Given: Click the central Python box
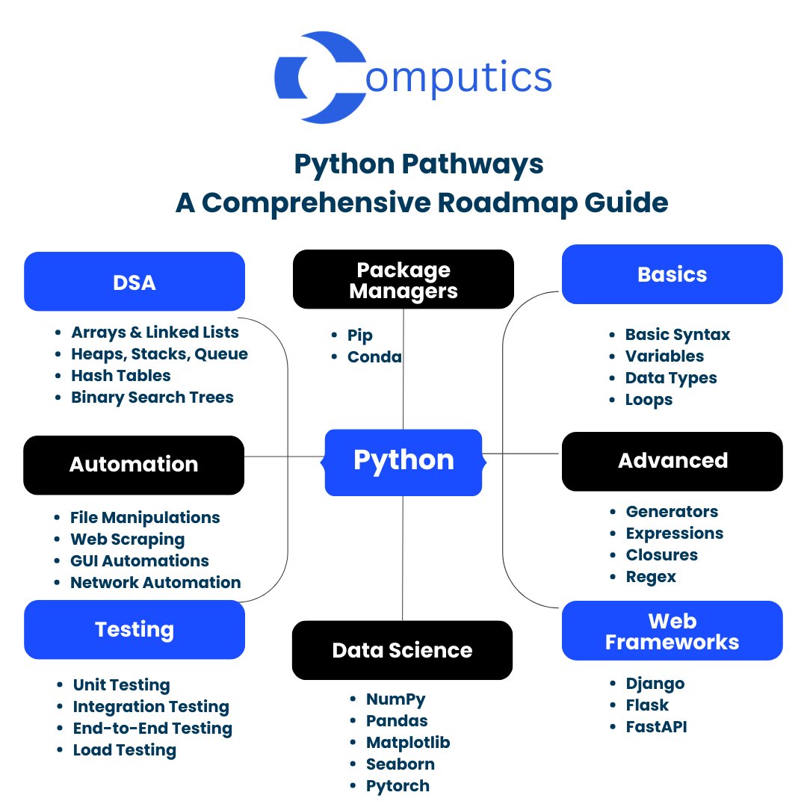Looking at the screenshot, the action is pos(403,461).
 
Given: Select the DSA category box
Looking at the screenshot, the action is pos(134,282).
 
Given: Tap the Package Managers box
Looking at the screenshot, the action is pos(403,279).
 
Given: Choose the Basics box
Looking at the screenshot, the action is pos(672,274).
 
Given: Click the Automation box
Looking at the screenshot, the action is pos(134,465).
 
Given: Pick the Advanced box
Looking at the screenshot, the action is pos(672,461).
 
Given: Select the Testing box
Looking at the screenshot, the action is pos(134,630).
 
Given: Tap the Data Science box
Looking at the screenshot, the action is pos(402,650).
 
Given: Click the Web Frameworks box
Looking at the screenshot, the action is pos(672,631).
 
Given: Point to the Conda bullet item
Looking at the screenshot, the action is pos(374,357).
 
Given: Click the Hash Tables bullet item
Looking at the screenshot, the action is pos(121,376).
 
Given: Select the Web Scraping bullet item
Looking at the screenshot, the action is pos(127,539).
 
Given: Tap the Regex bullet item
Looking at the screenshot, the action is pos(651,577).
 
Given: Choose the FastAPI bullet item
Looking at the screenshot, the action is pos(656,726).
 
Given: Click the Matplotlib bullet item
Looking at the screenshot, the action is pos(408,743).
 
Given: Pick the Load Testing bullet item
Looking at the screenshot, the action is pos(124,750).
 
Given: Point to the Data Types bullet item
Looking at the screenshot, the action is pos(671,378).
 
